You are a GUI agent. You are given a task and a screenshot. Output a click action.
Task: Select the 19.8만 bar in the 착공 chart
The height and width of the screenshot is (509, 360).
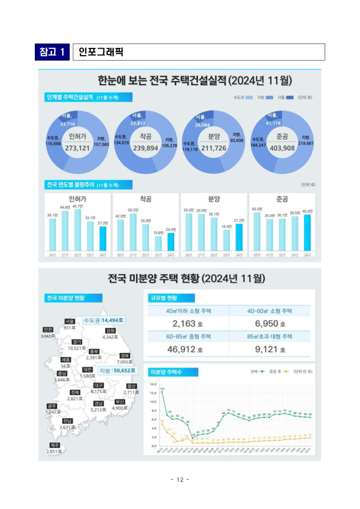158,243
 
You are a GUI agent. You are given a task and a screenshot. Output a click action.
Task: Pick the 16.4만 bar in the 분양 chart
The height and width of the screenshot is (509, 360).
226,240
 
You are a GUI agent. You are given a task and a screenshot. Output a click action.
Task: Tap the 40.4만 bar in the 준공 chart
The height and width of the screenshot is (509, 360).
307,232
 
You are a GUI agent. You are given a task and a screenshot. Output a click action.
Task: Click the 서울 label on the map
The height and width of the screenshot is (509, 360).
69,321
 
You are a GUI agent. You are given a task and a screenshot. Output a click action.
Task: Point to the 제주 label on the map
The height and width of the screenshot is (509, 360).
55,445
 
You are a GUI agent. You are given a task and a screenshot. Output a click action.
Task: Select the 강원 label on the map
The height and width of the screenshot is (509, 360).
110,330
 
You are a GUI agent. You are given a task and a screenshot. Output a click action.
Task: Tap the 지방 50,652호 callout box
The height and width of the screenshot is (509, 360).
117,370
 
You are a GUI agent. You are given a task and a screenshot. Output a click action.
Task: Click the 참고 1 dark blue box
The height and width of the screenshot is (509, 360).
52,52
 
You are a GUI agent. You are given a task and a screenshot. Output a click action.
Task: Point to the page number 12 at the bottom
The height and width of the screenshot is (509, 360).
180,479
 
